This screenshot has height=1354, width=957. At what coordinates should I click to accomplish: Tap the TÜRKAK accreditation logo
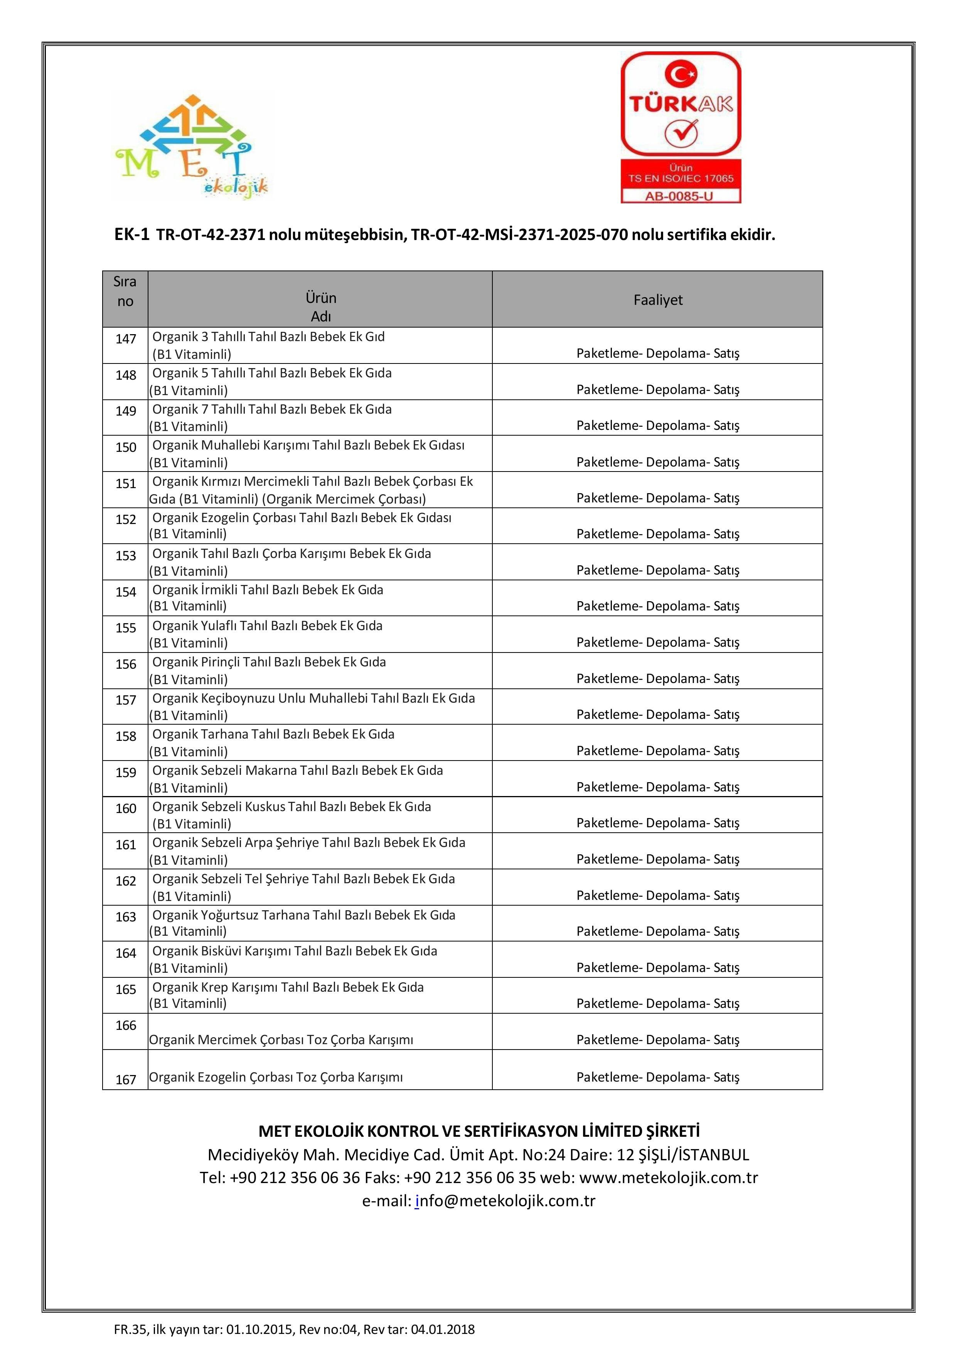point(681,127)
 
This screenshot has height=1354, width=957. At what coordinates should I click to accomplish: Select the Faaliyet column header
point(658,299)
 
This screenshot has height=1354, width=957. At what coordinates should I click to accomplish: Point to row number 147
point(126,339)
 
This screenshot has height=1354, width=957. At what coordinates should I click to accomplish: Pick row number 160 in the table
point(126,808)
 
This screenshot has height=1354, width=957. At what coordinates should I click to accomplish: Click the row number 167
point(126,1080)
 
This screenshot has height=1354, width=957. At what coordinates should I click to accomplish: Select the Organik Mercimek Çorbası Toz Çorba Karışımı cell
point(281,1040)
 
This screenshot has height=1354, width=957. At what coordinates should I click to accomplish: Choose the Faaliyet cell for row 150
point(658,462)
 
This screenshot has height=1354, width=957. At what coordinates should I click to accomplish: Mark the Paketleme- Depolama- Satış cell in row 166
point(658,1040)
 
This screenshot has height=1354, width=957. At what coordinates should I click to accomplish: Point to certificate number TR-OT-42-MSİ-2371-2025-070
point(519,235)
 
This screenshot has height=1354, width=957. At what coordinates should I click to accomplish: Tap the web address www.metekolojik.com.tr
point(668,1178)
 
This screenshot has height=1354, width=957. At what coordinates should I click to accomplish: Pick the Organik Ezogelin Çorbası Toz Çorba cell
point(276,1077)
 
